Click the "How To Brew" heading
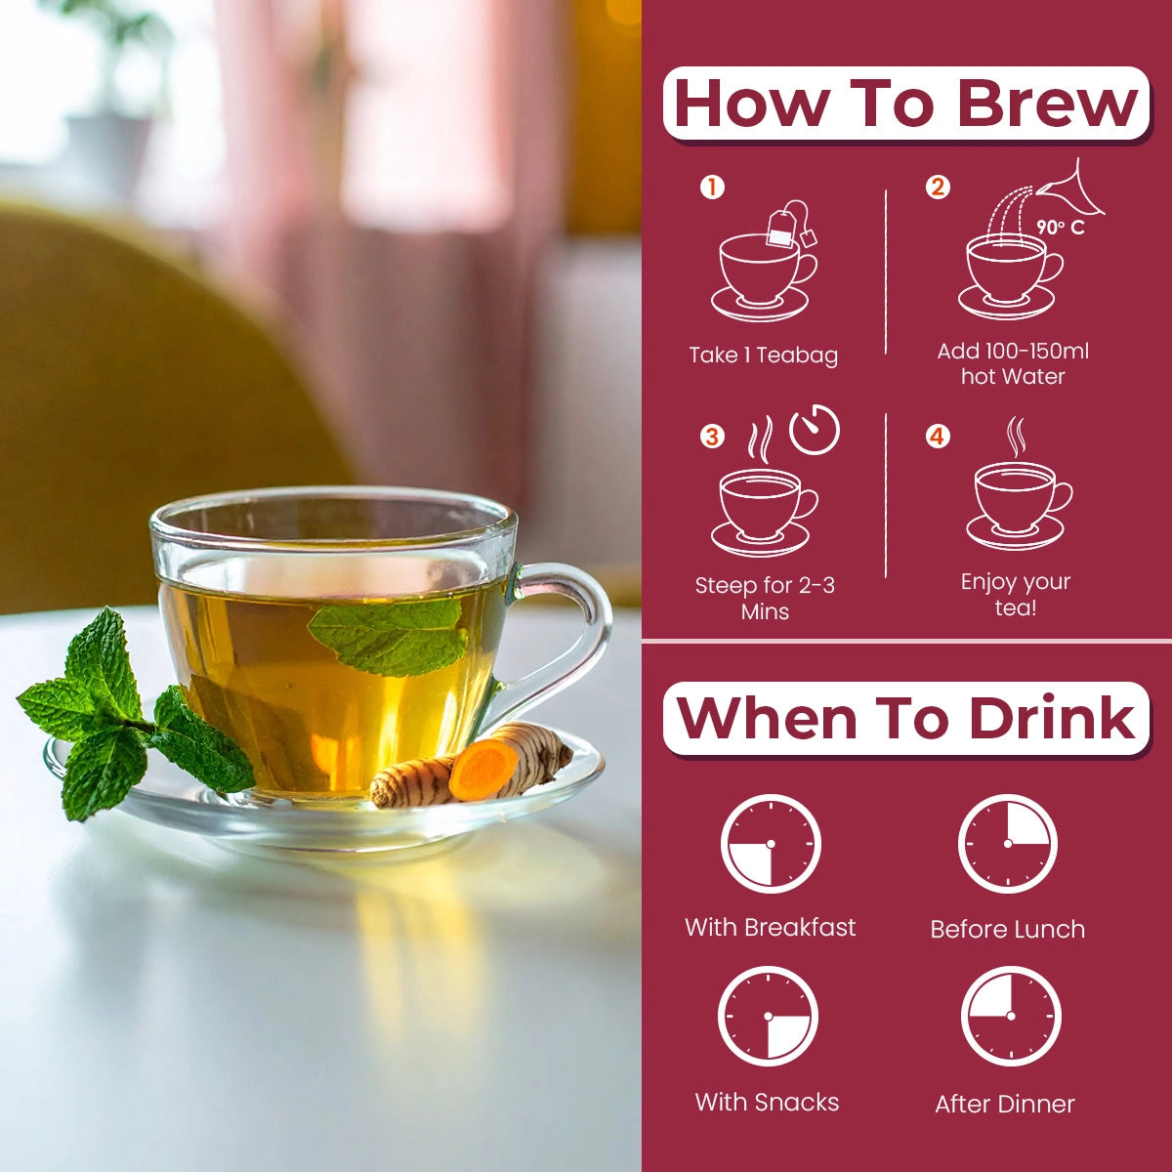[906, 104]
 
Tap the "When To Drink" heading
[906, 719]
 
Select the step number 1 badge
[713, 186]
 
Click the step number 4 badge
[938, 436]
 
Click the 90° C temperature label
[1061, 228]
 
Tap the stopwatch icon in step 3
[815, 430]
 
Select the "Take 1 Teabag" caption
[764, 356]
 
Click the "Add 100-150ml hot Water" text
[1013, 363]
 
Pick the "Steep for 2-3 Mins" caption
[765, 598]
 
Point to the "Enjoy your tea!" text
[1016, 594]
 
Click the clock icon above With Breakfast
[771, 844]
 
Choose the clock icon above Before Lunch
[1008, 844]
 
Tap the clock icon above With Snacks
[768, 1016]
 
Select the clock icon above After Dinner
[1011, 1016]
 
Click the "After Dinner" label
[1005, 1105]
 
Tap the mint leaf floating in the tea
[391, 635]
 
